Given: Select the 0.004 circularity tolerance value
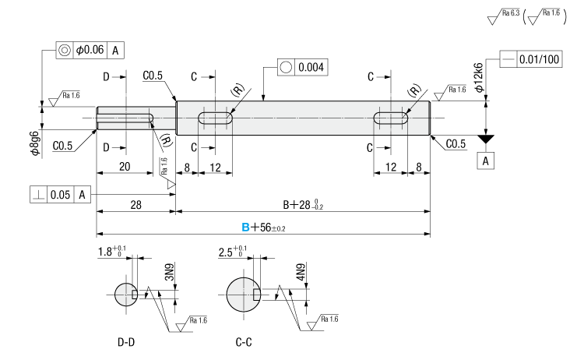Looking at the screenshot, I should click(310, 67).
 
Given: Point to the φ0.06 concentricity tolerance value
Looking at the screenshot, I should click(90, 50).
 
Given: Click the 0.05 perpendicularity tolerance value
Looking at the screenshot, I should click(61, 194).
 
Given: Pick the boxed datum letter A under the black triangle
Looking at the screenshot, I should click(487, 161).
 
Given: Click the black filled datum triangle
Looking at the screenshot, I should click(487, 139).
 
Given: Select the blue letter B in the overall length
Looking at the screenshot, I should click(245, 228).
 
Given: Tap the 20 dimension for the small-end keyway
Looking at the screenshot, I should click(124, 167).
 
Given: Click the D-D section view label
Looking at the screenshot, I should click(126, 342).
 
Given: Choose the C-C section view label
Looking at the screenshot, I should click(243, 342).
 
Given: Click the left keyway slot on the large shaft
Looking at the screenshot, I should click(215, 118).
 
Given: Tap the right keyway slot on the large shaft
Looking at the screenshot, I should click(391, 118).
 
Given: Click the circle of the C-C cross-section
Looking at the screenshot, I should click(243, 295).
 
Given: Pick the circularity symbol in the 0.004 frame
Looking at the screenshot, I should click(285, 67).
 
